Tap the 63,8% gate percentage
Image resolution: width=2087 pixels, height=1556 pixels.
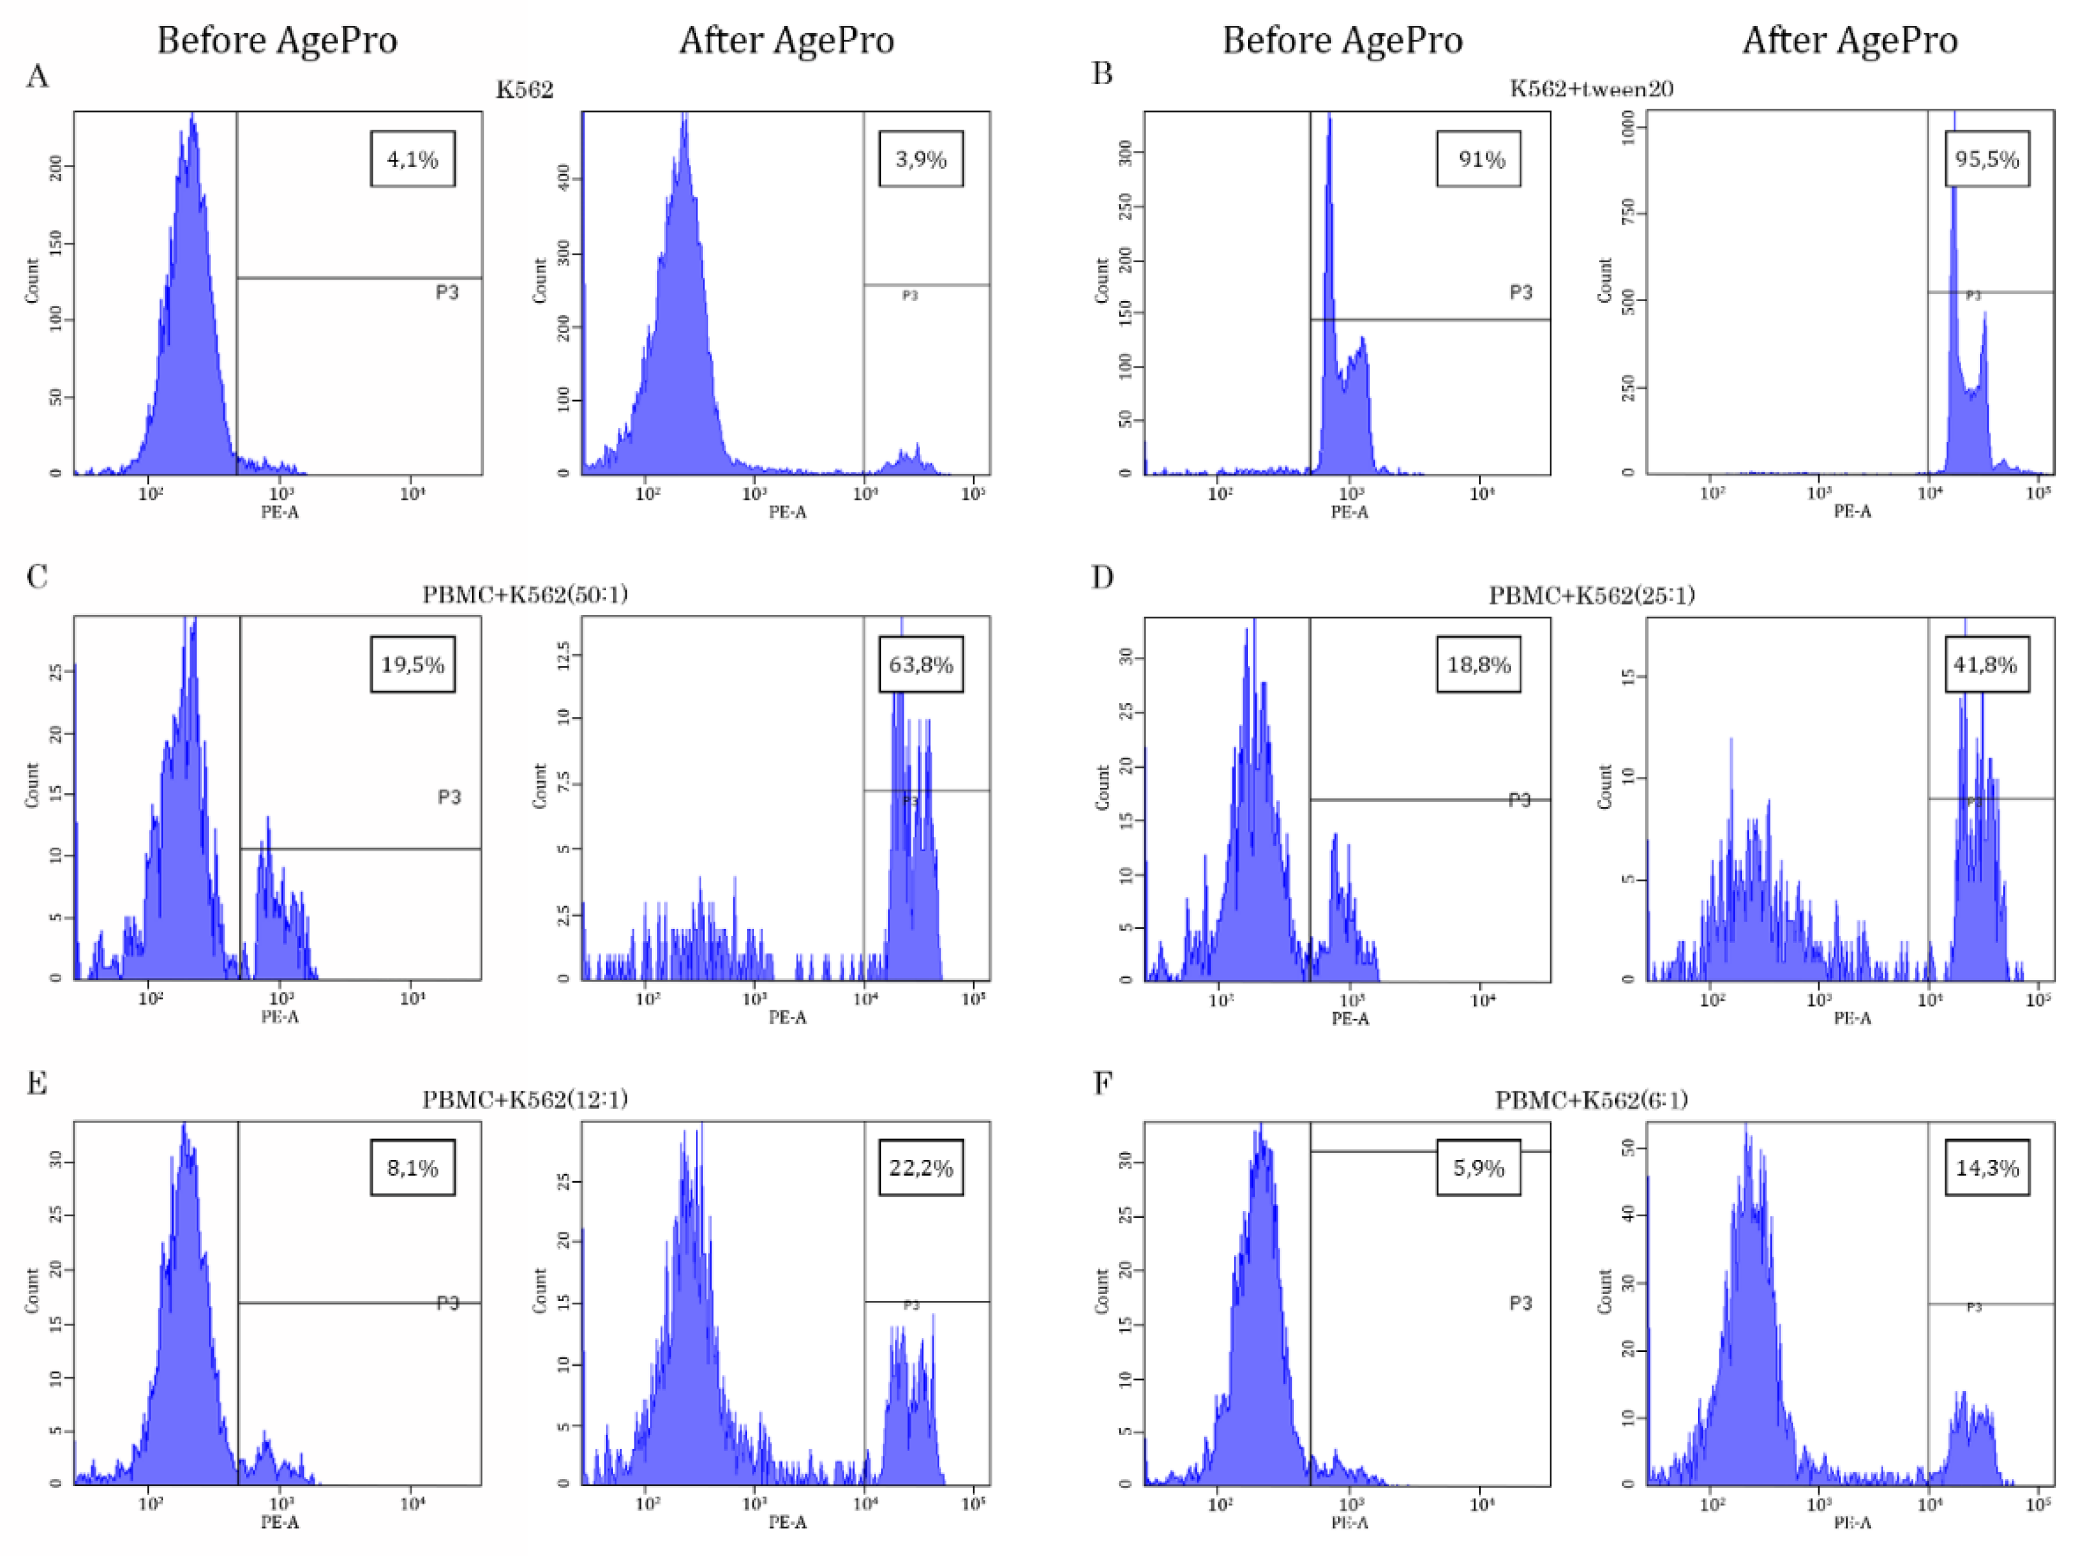(x=920, y=665)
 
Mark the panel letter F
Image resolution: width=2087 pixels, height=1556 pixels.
(x=1102, y=1083)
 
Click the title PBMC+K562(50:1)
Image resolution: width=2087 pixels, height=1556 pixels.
(x=524, y=594)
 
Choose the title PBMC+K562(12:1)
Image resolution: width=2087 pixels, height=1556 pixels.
(x=524, y=1099)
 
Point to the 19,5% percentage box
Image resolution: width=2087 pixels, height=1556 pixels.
(x=412, y=665)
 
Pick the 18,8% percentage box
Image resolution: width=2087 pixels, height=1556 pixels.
(x=1479, y=665)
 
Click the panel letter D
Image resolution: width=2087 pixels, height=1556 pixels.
(x=1102, y=577)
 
